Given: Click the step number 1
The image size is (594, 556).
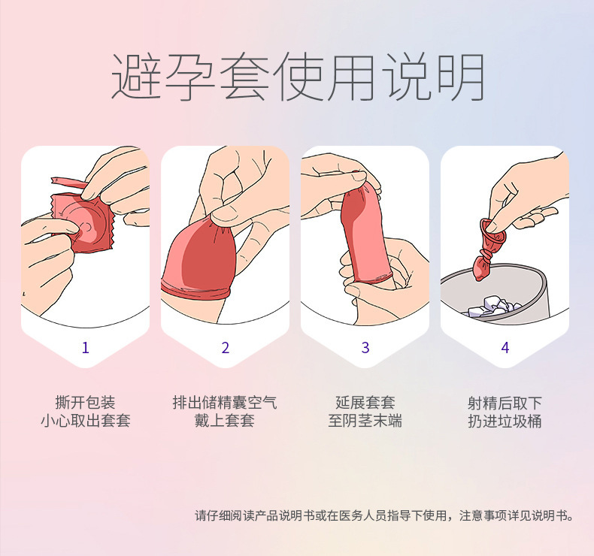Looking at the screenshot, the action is (x=85, y=347).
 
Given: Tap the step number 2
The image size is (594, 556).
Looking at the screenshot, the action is (x=226, y=347).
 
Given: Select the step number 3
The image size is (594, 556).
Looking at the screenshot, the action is (x=365, y=347).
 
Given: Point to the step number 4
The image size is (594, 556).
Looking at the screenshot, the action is (x=505, y=347).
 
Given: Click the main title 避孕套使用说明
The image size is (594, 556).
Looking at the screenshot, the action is (x=298, y=77).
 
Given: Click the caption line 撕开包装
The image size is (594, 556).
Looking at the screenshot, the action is (x=85, y=402).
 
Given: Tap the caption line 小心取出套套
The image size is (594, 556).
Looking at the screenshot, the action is (x=85, y=421).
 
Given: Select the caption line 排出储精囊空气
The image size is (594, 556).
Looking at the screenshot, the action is (x=225, y=402).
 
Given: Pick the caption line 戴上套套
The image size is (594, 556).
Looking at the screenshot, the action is (x=225, y=421).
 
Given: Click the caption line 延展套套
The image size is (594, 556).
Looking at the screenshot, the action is (x=365, y=402).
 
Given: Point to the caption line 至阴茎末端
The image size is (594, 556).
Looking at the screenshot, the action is (x=365, y=421).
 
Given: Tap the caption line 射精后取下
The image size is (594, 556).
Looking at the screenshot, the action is (x=505, y=403).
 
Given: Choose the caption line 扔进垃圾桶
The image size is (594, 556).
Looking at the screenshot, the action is (x=505, y=421).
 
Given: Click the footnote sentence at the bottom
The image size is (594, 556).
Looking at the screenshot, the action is (x=384, y=515).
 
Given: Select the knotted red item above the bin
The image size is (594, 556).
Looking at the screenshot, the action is (x=489, y=249).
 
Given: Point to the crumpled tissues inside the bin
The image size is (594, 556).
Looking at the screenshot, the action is (x=493, y=306).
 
